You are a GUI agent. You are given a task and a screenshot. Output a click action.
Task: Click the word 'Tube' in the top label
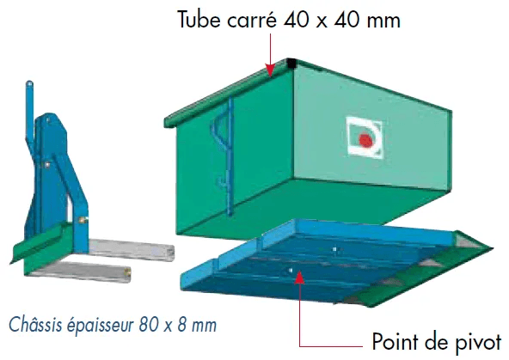point(199,20)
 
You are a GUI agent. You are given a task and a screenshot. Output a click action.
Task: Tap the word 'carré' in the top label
point(252,20)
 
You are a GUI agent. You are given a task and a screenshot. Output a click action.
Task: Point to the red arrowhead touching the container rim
point(270,70)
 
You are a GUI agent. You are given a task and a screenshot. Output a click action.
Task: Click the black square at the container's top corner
point(291,64)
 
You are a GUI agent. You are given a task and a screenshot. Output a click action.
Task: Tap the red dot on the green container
point(366,140)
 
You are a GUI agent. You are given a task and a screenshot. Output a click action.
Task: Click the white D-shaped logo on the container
point(365,137)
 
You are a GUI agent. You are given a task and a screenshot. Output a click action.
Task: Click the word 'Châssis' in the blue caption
point(35,324)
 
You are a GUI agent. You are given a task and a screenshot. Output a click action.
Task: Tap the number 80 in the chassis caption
point(149,325)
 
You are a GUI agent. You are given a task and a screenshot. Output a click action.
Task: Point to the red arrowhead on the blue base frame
point(299,277)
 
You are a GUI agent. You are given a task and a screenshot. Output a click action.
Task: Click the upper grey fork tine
point(132,249)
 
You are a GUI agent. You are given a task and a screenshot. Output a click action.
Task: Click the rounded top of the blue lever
point(29,84)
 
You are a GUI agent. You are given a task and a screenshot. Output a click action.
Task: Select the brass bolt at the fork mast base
point(82,220)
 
